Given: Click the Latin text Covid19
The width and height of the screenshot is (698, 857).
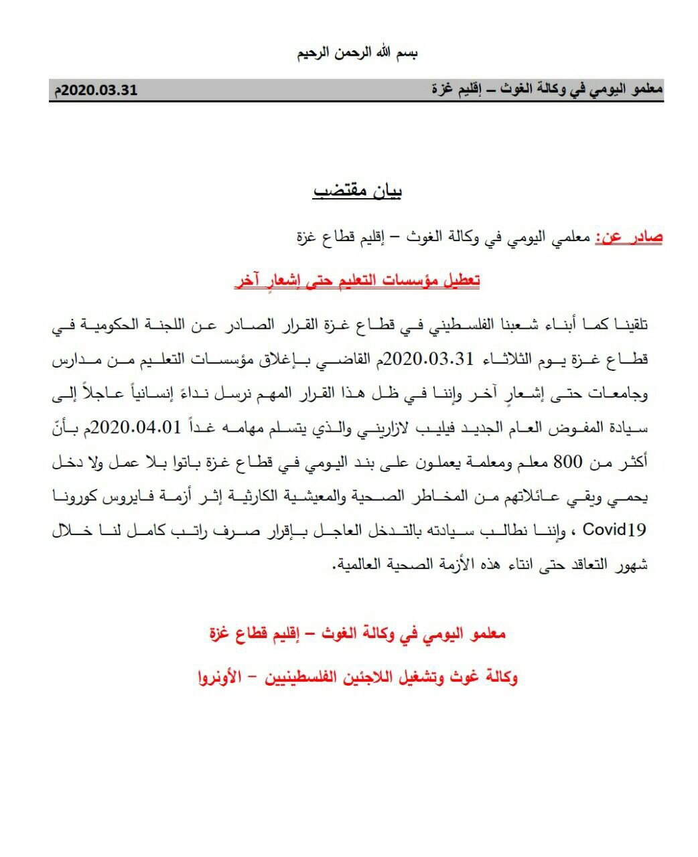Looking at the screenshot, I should [614, 530].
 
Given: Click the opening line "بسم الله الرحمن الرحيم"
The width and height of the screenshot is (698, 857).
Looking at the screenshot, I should [358, 53].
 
